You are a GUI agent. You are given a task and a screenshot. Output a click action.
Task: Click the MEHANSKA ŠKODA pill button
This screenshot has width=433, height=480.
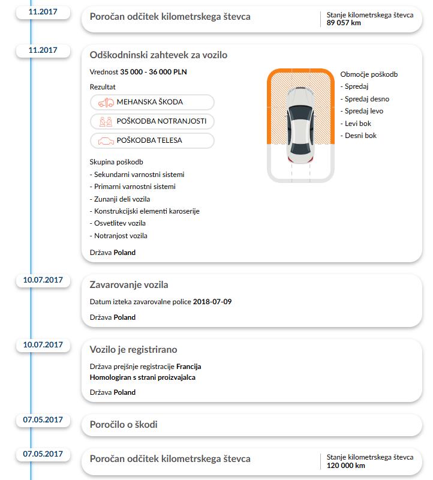(x=152, y=102)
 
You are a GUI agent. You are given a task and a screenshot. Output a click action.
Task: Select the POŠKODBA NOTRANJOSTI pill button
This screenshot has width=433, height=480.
(x=152, y=121)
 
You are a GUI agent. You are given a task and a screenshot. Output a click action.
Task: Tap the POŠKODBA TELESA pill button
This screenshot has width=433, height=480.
(x=152, y=140)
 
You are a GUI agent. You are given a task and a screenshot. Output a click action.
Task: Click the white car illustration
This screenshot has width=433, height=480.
(x=299, y=125)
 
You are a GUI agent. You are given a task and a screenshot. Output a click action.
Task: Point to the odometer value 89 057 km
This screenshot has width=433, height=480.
(x=344, y=23)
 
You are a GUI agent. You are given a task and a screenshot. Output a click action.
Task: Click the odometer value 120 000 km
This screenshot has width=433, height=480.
(x=346, y=465)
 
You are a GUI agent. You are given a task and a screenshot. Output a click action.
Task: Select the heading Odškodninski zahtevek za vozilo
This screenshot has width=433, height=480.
(x=158, y=55)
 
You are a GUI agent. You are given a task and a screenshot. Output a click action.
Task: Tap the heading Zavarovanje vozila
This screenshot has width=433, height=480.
(x=129, y=285)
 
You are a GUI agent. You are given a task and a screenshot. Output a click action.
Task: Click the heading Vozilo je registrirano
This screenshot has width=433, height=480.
(x=133, y=350)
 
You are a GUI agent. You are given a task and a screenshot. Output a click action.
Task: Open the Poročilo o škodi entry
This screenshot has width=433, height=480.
(x=124, y=425)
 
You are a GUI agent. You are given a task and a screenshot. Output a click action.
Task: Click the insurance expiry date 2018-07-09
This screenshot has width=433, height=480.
(x=212, y=302)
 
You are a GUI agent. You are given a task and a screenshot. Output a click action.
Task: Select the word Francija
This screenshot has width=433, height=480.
(x=189, y=367)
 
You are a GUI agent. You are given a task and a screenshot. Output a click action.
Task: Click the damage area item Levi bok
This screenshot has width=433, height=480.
(x=358, y=124)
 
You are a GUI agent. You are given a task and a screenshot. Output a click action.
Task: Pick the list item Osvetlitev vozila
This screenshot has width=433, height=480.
(x=120, y=223)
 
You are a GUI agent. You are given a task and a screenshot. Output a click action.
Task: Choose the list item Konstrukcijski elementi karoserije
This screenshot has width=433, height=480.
(x=146, y=211)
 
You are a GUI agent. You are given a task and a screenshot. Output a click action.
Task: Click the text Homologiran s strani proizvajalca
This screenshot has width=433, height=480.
(x=142, y=377)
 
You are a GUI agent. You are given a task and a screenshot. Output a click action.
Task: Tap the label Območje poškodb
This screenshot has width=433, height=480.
(x=369, y=74)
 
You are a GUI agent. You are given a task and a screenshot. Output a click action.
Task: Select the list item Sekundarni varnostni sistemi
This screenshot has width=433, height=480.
(x=139, y=175)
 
